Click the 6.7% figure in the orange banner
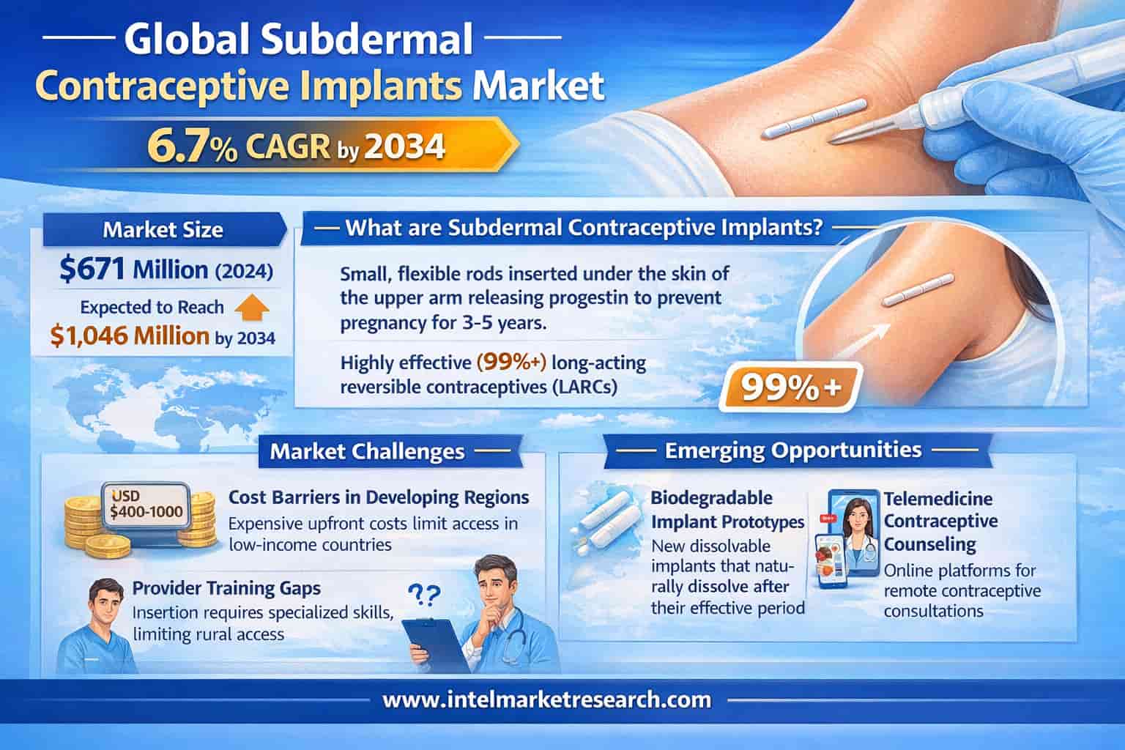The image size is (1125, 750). (192, 146)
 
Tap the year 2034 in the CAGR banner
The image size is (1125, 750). (404, 146)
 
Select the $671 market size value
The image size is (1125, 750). (92, 268)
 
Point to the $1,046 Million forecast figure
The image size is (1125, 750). (130, 335)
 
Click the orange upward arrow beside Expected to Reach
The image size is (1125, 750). (252, 308)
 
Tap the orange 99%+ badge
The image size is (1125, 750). (790, 387)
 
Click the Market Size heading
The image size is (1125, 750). (163, 229)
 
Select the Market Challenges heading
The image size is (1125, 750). (367, 451)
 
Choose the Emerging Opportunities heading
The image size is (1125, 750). (793, 450)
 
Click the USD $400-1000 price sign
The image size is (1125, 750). (146, 505)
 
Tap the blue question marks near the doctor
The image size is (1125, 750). (424, 595)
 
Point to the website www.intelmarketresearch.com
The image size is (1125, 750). (546, 699)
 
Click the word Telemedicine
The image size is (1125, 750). (937, 499)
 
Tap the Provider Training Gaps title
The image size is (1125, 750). (226, 587)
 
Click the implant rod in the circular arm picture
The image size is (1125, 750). (918, 290)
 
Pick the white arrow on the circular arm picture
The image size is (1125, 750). (867, 341)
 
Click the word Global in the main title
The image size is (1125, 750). (187, 39)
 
